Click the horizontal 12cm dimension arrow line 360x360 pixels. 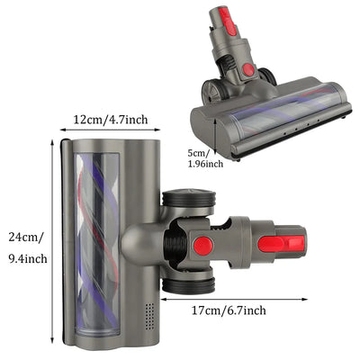coord(111,130)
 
